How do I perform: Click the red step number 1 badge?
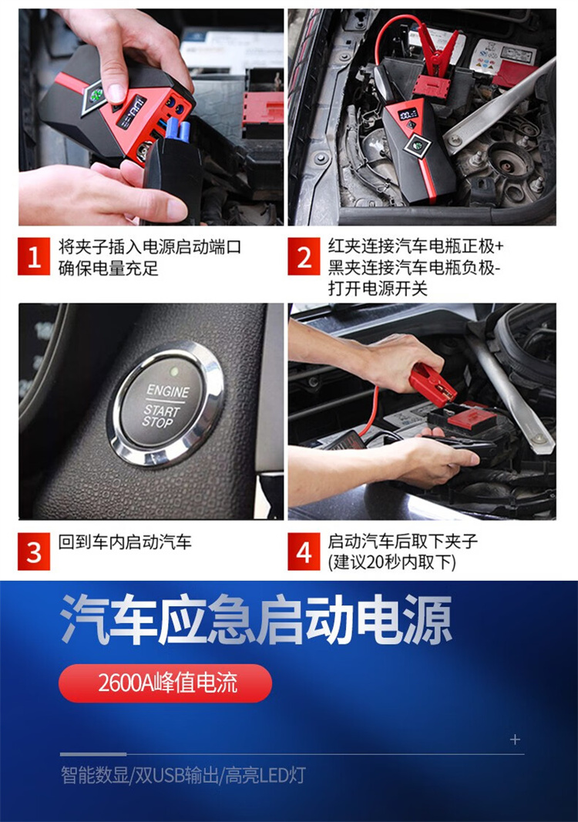pos(34,257)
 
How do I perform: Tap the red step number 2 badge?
pos(304,257)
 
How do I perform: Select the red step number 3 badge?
pos(34,552)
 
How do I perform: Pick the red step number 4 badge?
pos(304,552)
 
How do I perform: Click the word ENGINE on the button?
pos(167,391)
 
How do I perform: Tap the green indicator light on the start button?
pos(174,371)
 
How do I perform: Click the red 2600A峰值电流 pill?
pos(165,683)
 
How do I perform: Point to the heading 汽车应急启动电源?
pos(256,619)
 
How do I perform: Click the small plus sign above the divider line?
pos(515,739)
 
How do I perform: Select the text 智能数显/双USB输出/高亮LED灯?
pos(183,775)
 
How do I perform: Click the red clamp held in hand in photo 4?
pos(432,381)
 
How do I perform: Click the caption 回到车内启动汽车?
pos(125,542)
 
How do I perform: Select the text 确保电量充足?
pos(108,268)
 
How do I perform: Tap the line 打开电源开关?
pos(378,288)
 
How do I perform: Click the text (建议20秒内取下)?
pos(392,562)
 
